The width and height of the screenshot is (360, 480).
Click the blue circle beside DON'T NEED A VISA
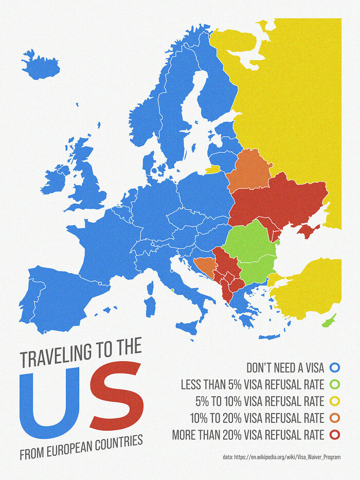tap(335, 367)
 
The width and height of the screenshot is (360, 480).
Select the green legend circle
tap(335, 384)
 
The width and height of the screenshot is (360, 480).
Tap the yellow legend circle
tap(335, 401)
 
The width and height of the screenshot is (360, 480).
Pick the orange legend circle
tap(335, 418)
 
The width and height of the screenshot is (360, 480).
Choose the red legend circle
tap(335, 435)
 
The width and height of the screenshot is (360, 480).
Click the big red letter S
tap(115, 396)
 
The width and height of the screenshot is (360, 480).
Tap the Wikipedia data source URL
tap(282, 457)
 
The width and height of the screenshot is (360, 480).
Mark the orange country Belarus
tap(248, 170)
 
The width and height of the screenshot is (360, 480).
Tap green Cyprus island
tap(329, 321)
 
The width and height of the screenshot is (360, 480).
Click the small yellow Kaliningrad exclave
tap(212, 168)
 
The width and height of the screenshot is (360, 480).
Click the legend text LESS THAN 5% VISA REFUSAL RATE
tap(252, 384)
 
